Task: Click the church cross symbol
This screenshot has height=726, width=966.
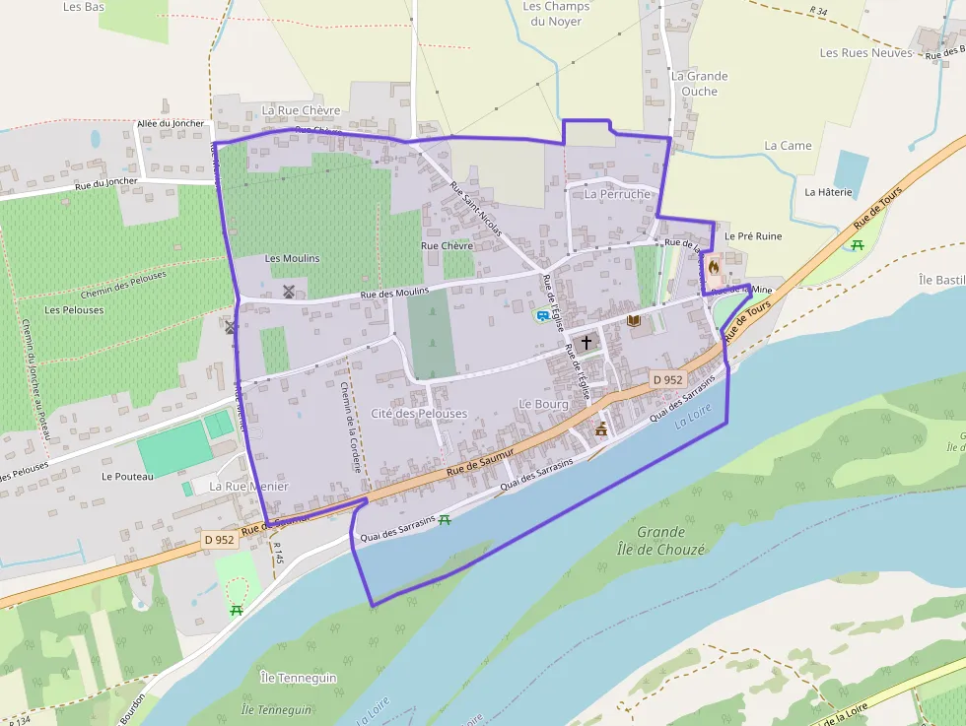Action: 586,343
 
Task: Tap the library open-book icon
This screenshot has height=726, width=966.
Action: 633,321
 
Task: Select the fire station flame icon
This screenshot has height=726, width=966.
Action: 714,266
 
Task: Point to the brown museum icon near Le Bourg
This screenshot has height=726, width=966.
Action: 600,429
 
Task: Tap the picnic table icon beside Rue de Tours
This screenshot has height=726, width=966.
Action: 858,243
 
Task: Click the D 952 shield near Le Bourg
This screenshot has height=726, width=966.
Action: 667,379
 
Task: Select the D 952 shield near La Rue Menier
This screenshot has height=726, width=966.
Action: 221,540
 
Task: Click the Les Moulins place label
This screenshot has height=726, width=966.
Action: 293,258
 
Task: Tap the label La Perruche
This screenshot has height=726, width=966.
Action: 617,194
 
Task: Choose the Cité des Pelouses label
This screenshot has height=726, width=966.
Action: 419,414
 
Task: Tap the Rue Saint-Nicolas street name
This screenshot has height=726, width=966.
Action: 476,210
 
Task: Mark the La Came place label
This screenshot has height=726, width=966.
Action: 789,146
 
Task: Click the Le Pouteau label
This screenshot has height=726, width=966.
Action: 127,476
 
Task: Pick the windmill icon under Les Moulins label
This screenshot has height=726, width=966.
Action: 289,292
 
